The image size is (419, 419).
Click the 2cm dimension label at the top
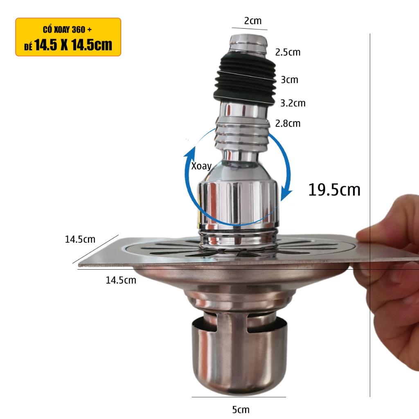coord(253,21)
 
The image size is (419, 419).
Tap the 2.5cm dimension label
coord(288,52)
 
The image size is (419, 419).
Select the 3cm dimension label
coord(289,80)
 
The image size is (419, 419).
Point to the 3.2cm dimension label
coord(293,103)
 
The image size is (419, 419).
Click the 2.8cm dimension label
coord(288,124)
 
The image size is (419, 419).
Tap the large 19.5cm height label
coord(334,190)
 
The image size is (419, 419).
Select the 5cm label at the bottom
coord(241,409)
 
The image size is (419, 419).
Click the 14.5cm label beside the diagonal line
coord(80,239)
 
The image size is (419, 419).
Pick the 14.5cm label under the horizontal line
coord(121,280)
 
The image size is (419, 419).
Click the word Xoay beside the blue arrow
coord(201,166)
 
